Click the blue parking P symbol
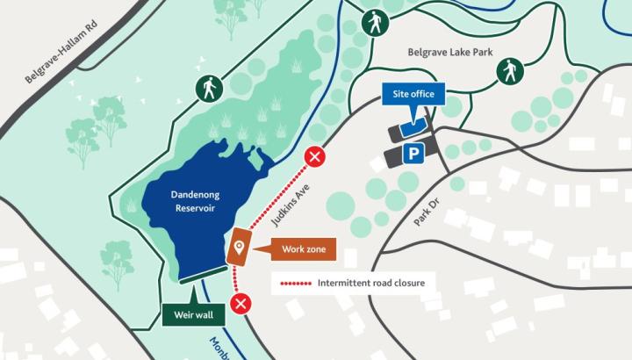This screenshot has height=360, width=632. [x=413, y=154]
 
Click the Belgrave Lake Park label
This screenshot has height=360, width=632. [x=449, y=52]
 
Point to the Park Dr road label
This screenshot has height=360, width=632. [x=431, y=212]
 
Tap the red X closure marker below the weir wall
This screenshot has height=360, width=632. [x=241, y=305]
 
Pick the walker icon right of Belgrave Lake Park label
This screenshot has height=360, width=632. [x=509, y=71]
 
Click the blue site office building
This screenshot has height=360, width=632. [x=413, y=127]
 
